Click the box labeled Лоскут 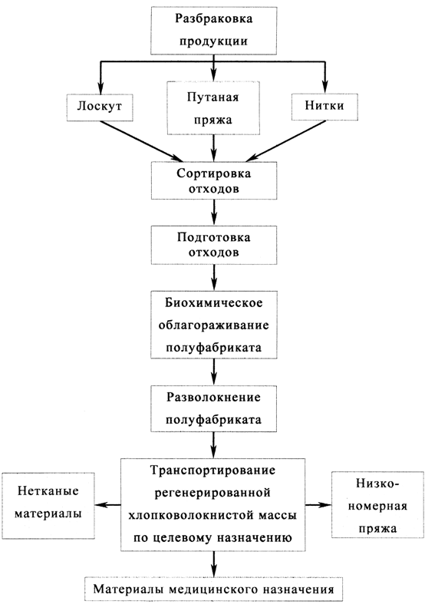tap(100, 107)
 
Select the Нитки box tap(325, 107)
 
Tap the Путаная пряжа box tap(213, 108)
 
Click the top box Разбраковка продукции tap(213, 30)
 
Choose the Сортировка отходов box tap(213, 181)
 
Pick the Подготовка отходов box tap(213, 245)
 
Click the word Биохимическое tap(213, 302)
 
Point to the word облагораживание tap(213, 325)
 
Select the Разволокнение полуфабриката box tap(213, 409)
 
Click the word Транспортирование tap(213, 471)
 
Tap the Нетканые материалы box tap(48, 505)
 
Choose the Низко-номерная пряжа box tap(377, 504)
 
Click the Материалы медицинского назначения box tap(213, 589)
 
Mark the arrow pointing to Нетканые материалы tap(108, 505)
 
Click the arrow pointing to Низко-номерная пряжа tap(318, 505)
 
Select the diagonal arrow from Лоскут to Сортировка tap(141, 141)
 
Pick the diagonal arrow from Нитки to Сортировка tap(285, 141)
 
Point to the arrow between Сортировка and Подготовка tap(213, 213)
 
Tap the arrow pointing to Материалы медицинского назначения tap(213, 564)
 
